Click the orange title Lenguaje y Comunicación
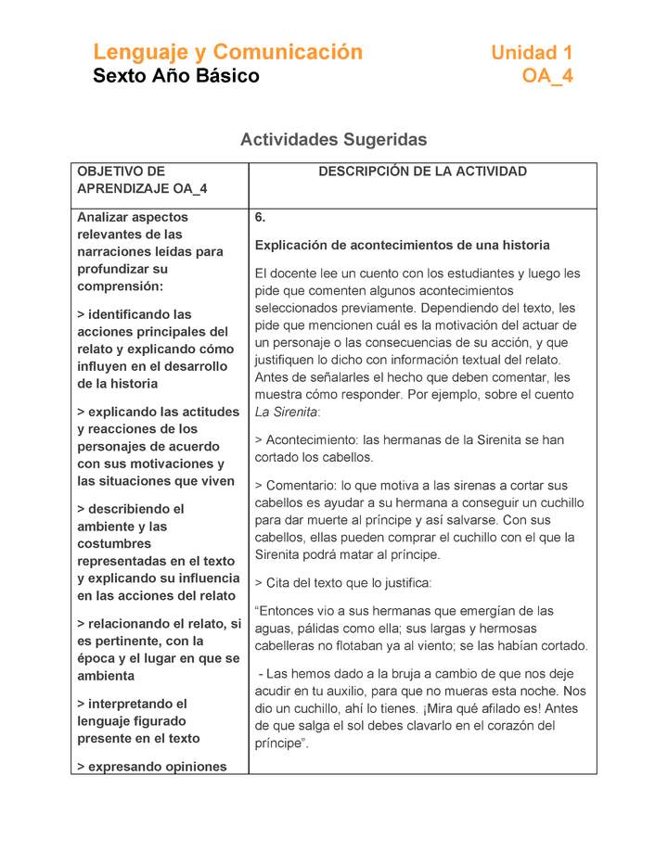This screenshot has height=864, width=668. click(227, 52)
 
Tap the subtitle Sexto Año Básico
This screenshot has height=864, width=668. click(175, 76)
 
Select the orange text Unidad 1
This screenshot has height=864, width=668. click(532, 53)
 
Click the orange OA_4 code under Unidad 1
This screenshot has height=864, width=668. click(547, 76)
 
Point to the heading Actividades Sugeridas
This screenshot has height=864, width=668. click(333, 140)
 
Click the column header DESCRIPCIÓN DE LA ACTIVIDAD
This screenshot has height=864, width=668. click(422, 172)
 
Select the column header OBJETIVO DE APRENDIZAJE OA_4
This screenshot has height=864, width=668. click(141, 180)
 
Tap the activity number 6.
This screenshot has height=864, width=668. click(260, 218)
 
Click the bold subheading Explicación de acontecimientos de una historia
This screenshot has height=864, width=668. click(402, 246)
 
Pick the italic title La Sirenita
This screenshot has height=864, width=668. click(286, 412)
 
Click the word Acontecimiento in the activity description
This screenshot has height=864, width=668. click(311, 440)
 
